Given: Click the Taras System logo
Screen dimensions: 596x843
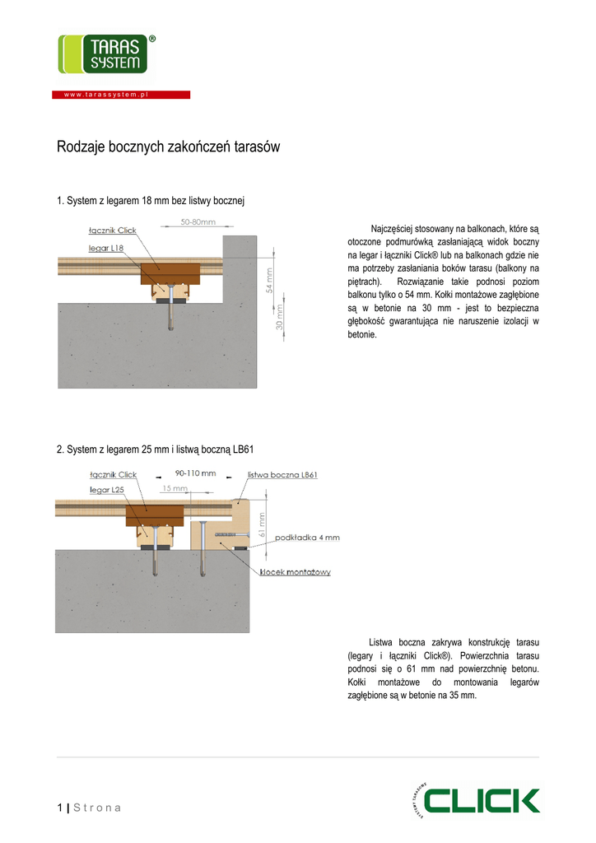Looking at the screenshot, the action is tap(102, 54).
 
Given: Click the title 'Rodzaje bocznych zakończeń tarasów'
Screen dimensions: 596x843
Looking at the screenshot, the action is tap(169, 147).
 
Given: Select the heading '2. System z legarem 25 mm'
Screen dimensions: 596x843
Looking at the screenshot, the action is tap(155, 449).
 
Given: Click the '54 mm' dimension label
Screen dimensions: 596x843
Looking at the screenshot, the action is tap(269, 281).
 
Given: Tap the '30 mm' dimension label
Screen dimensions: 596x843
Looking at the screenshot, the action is tap(280, 317).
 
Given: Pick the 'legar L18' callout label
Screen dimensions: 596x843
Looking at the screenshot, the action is tap(106, 247).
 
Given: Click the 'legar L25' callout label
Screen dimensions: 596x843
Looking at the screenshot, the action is tap(106, 489).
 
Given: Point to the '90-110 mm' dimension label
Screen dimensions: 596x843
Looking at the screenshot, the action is tap(195, 473).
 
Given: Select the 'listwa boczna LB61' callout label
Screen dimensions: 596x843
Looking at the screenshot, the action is tap(282, 475).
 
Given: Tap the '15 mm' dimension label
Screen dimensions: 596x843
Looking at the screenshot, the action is tap(174, 488).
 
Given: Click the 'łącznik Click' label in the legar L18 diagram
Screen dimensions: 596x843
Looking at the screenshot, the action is tap(113, 231).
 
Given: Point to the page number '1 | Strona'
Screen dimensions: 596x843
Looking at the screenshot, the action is tap(89, 808).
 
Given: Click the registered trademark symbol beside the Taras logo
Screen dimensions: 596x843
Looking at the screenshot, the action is tap(151, 39).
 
